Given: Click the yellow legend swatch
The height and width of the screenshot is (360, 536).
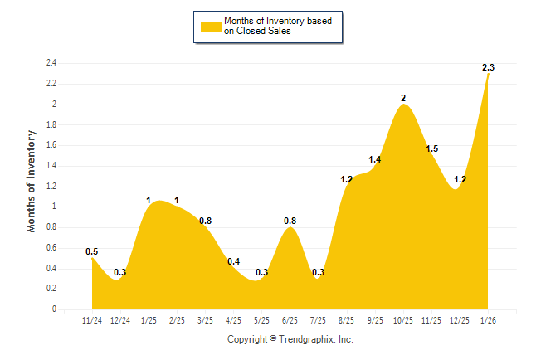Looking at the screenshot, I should (211, 26).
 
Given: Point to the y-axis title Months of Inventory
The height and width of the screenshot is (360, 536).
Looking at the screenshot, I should (32, 180).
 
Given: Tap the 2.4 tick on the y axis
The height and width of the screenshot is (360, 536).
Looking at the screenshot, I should (51, 63).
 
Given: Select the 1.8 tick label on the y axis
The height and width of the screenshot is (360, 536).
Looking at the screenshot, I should (51, 124).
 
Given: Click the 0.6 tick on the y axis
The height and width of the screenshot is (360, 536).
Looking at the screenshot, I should (51, 248).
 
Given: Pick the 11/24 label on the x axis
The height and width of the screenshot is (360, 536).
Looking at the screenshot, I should (92, 319).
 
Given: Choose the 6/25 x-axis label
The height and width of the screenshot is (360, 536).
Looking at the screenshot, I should (290, 319).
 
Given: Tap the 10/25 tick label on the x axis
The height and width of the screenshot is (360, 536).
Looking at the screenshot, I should (403, 319).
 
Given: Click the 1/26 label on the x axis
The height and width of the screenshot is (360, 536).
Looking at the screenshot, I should (488, 319).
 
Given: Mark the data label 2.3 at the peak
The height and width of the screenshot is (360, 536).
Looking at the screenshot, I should (488, 66).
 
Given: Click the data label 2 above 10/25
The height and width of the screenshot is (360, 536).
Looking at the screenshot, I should (403, 98).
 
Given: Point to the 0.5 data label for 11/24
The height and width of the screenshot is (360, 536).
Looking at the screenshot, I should (92, 251).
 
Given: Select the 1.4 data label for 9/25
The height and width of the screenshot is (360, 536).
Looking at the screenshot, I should (375, 159).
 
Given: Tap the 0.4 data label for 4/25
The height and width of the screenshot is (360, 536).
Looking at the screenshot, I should (233, 262).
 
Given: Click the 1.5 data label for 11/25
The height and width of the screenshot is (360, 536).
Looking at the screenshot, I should (431, 148).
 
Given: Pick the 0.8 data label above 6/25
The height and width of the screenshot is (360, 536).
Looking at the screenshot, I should (290, 221).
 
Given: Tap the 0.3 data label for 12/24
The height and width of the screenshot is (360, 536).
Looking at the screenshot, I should (120, 272).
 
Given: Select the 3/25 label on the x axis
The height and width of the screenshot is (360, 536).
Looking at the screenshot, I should (205, 319).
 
